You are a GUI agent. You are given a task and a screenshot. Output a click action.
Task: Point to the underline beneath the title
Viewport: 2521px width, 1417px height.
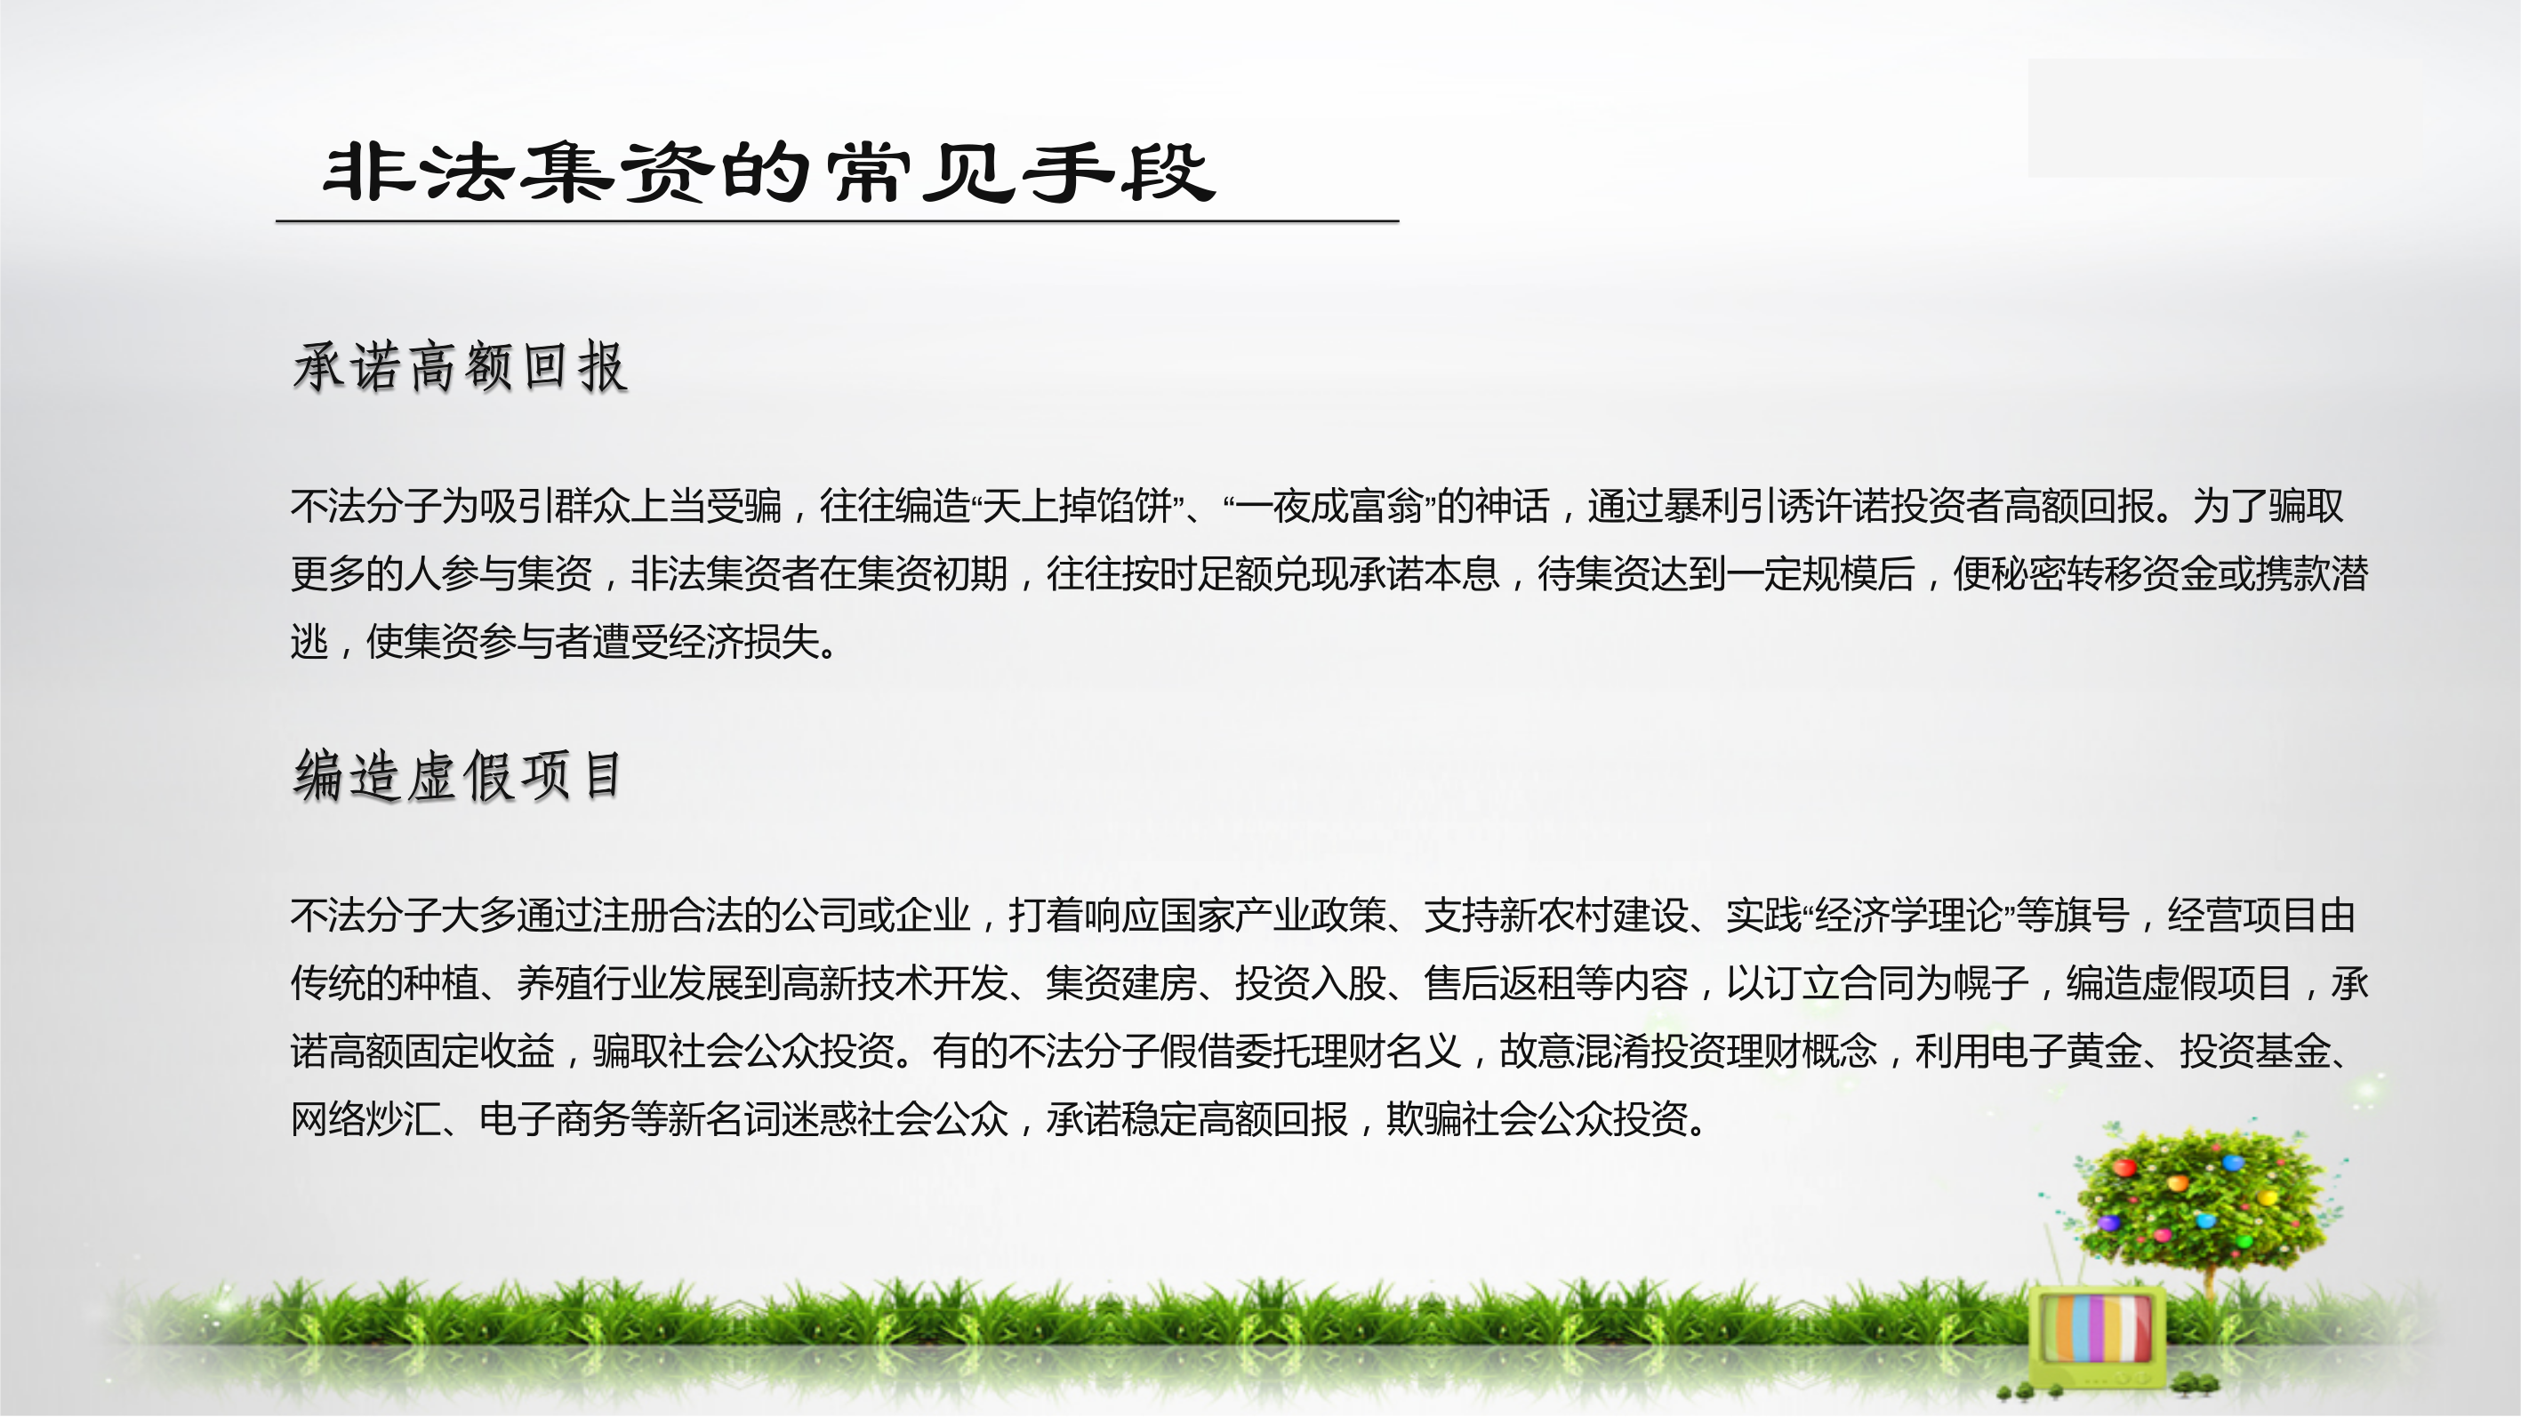837,221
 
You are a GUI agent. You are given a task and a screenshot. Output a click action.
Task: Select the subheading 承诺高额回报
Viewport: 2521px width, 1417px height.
460,367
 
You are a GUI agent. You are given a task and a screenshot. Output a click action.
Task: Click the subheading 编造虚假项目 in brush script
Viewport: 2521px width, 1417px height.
457,775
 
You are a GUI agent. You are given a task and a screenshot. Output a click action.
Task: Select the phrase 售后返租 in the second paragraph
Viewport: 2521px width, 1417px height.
1499,982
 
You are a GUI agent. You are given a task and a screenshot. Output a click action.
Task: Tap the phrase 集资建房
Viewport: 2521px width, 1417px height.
1121,982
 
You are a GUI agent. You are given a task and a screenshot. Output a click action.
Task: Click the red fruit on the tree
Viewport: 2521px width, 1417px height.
2124,1167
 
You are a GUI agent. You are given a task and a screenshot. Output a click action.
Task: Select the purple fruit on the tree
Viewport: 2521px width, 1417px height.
2110,1223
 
